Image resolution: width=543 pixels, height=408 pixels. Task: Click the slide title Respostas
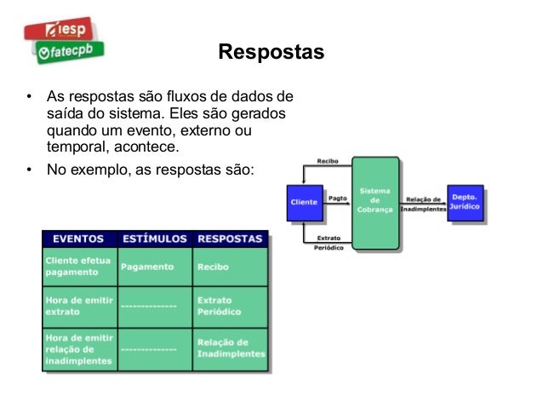click(271, 53)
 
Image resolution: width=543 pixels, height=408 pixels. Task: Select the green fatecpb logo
click(69, 53)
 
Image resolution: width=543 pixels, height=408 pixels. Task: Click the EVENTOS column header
click(78, 238)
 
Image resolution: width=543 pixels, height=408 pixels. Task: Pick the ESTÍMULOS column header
click(155, 238)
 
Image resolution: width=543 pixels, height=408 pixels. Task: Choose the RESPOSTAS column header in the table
click(231, 238)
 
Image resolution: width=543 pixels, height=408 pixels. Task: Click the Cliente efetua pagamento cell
click(78, 267)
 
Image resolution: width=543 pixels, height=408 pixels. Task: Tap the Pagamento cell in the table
click(147, 267)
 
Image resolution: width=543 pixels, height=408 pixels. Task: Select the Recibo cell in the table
click(213, 267)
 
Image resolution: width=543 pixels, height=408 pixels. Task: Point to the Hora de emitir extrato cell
click(78, 307)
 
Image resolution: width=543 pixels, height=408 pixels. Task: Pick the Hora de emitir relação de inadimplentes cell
click(78, 348)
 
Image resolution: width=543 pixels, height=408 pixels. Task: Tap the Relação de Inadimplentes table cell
click(231, 348)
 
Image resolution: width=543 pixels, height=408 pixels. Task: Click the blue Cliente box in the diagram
click(304, 203)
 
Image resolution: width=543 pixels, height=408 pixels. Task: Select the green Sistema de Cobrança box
click(375, 203)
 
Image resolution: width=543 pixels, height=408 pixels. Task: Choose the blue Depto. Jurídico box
click(465, 203)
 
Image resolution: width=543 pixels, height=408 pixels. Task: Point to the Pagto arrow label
click(337, 197)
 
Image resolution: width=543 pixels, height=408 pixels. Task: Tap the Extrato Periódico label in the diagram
click(329, 244)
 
